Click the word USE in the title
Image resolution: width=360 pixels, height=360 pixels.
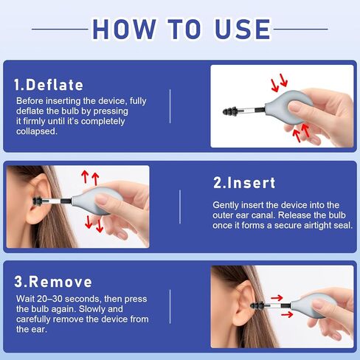[x=235, y=29]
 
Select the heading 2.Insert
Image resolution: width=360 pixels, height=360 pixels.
[x=245, y=182]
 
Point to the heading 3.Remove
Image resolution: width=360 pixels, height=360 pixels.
[x=53, y=282]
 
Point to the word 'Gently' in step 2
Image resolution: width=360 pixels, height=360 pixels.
[x=226, y=204]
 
